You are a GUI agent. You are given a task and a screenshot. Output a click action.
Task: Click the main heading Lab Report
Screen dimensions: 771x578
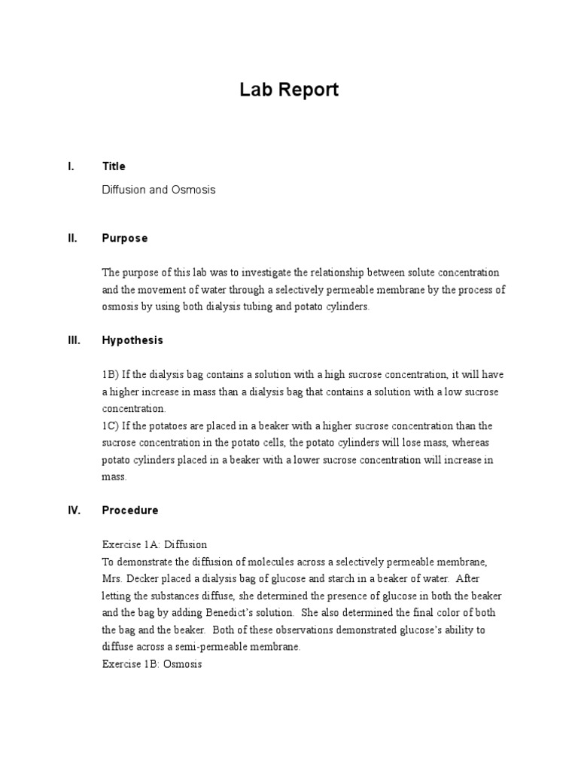coord(289,90)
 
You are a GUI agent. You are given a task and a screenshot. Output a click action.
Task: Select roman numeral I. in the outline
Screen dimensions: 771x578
coord(71,166)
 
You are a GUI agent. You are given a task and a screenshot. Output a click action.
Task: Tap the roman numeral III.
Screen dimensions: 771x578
coord(73,340)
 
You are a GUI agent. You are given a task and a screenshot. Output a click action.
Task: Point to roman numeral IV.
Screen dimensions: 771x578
coord(74,510)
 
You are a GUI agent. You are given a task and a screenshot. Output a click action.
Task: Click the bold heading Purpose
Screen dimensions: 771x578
coord(125,238)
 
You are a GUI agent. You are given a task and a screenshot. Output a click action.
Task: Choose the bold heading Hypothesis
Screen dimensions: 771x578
coord(132,340)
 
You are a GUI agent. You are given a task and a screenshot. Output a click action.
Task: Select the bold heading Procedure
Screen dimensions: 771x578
coord(130,510)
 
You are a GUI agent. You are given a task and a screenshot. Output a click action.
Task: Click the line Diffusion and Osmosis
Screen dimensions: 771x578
coord(159,190)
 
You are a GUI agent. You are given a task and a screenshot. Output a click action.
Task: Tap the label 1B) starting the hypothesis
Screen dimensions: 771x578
coord(111,374)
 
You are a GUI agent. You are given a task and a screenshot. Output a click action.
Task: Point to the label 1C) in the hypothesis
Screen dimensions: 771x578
coord(111,425)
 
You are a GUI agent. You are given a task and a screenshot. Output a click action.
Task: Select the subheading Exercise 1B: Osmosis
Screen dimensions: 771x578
coord(152,665)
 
